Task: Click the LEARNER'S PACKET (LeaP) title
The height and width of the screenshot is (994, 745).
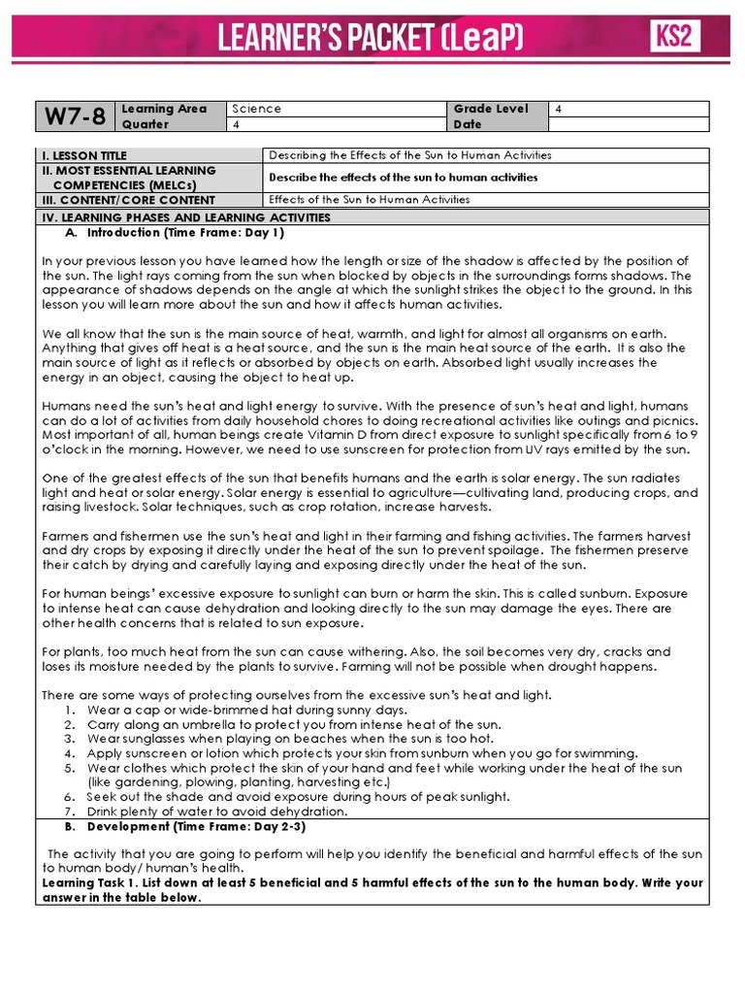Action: click(371, 39)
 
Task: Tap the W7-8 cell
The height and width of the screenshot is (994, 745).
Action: click(75, 116)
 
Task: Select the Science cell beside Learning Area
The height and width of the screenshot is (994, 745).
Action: click(256, 109)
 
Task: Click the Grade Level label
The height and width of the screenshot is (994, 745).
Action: click(491, 109)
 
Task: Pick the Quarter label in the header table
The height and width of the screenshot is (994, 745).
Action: click(146, 124)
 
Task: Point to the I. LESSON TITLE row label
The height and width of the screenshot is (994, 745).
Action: click(83, 155)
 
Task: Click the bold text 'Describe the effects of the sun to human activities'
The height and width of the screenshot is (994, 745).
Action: click(403, 178)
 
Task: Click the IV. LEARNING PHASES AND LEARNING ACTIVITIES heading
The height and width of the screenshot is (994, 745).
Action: click(185, 217)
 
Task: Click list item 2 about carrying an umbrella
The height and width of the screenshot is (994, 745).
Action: click(293, 724)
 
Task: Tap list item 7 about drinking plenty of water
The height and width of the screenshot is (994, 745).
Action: click(216, 812)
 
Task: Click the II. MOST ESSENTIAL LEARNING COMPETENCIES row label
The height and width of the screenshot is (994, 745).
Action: click(128, 177)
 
